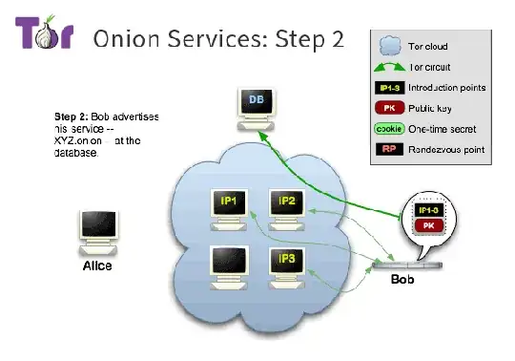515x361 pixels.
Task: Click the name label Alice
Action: [95, 265]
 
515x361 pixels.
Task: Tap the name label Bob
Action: [402, 281]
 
